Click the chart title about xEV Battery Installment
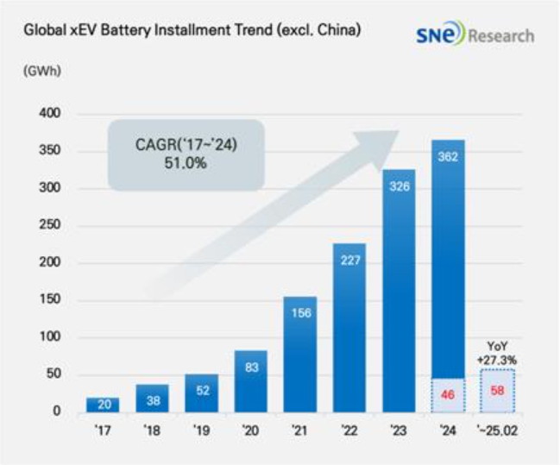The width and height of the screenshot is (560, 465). [x=192, y=31]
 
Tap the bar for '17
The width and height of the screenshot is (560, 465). [x=102, y=405]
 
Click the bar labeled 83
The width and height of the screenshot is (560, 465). [x=250, y=380]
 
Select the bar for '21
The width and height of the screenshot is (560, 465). [x=299, y=354]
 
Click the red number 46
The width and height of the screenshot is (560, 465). [x=449, y=394]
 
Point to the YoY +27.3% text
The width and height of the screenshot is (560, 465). [x=498, y=352]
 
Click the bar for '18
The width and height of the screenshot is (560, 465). [x=151, y=398]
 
